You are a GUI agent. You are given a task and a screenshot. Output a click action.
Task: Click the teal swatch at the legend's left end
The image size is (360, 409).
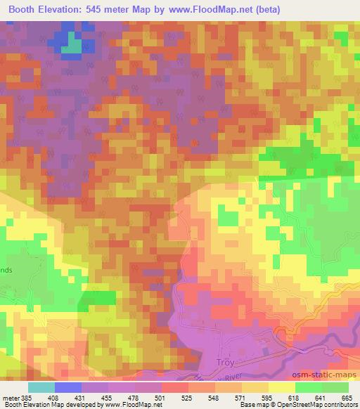pos(41,387)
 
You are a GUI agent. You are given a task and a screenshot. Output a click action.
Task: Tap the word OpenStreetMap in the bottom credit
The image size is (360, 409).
pos(298,405)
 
